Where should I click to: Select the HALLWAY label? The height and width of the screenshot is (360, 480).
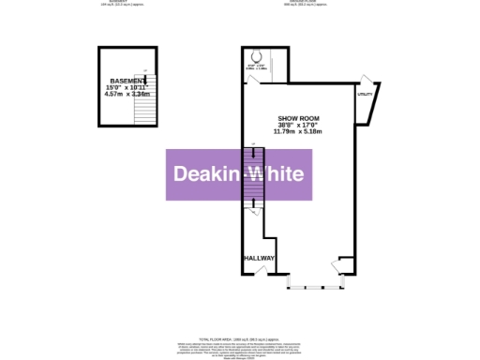pos(258,258)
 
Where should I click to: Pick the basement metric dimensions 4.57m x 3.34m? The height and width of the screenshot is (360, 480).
pos(128,95)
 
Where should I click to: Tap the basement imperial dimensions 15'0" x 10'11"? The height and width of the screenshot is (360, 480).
pos(128,88)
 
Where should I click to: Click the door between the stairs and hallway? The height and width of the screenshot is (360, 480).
pos(255,215)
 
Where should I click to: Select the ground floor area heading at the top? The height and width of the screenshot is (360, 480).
pos(306,3)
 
